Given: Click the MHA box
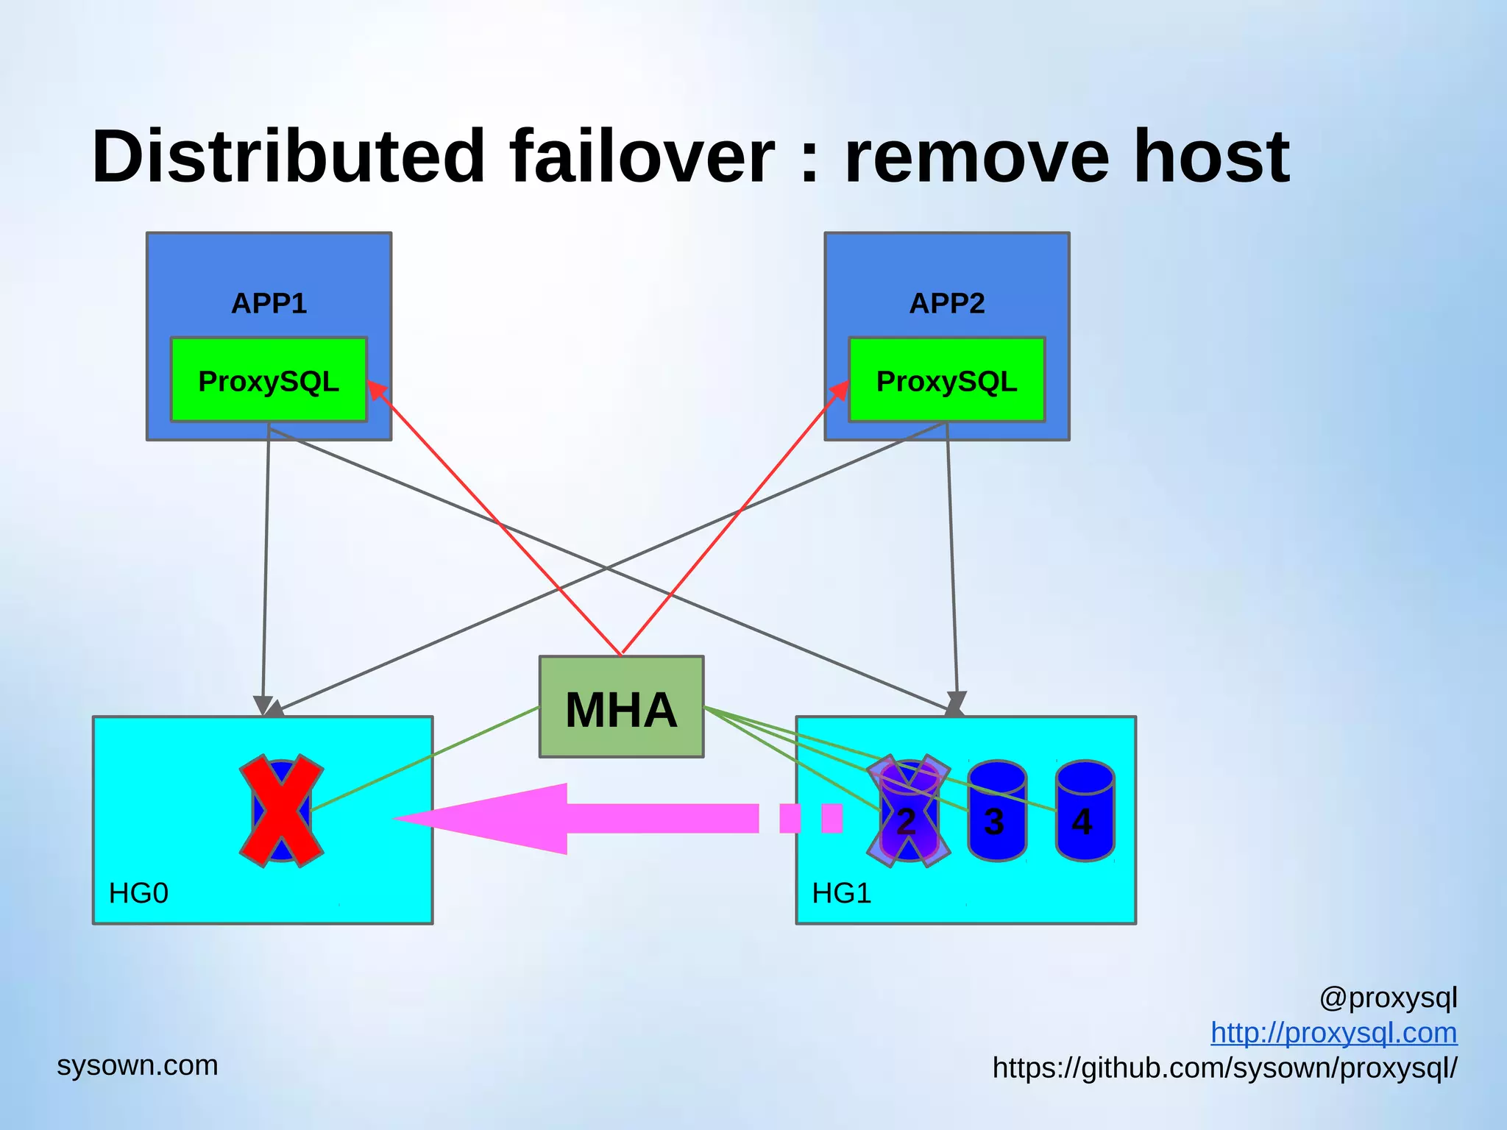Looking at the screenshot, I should coord(621,708).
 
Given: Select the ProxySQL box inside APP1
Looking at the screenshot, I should coord(269,380).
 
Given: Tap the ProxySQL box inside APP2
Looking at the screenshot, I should coord(946,380).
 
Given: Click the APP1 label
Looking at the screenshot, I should coord(269,303).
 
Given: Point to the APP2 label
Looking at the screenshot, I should coord(946,303).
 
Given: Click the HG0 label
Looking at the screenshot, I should coord(138,893).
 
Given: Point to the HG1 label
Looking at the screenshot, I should coord(841,893).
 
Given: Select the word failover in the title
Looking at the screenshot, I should coord(642,157).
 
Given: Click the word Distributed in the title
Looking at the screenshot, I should coord(287,157).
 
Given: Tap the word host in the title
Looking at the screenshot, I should coord(1211,157).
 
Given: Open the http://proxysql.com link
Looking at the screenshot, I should coord(1333,1033).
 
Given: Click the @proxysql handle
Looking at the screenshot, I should coord(1388,998).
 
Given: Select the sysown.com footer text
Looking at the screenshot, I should coord(138,1065).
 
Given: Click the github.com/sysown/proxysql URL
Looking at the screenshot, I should coord(1224,1067).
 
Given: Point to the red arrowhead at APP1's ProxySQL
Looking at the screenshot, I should coord(377,389).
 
